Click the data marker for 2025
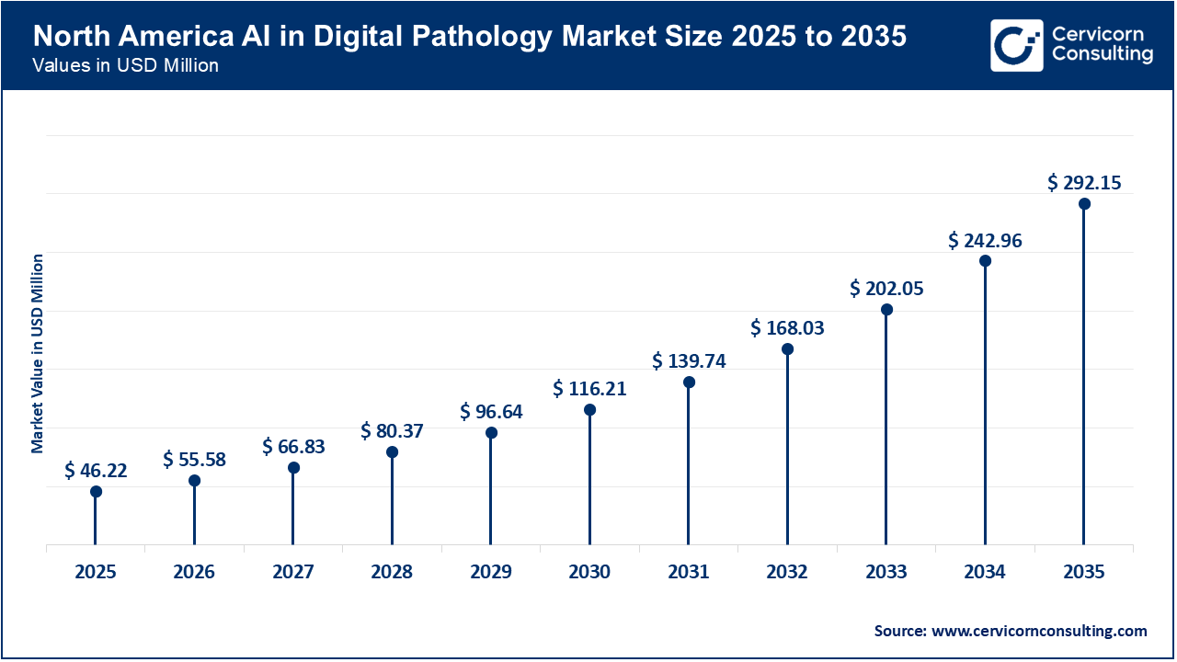click(x=96, y=491)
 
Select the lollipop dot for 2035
click(x=1084, y=204)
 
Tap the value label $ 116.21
click(x=589, y=389)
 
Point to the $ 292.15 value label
click(x=1084, y=183)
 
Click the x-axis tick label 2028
click(x=392, y=572)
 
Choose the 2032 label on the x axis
click(x=787, y=572)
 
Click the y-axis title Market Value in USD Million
click(x=38, y=354)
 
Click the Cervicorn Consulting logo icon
click(x=1016, y=45)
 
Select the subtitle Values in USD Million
click(x=125, y=66)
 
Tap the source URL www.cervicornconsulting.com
click(x=1041, y=631)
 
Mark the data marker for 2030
click(x=589, y=410)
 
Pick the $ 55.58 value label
click(x=194, y=459)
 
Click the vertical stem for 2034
click(x=985, y=405)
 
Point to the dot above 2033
click(x=886, y=310)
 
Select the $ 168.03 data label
click(x=787, y=327)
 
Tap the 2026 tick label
click(x=194, y=572)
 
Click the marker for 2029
click(x=491, y=433)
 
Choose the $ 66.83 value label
click(x=293, y=446)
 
